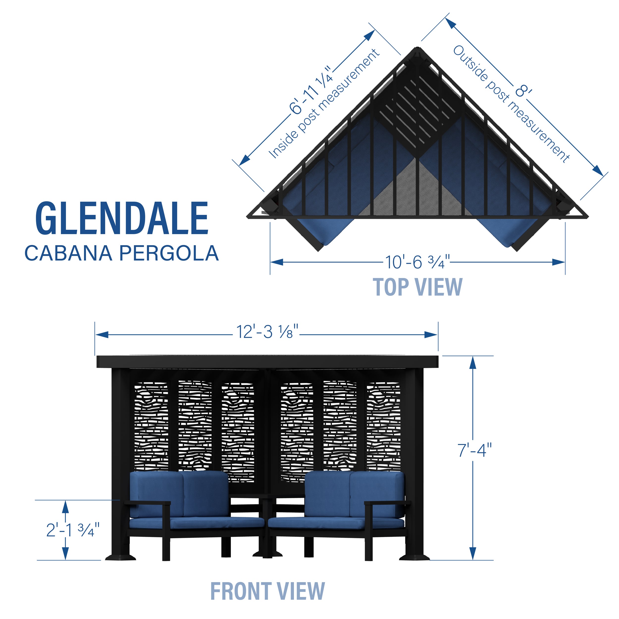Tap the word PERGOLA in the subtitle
point(169,254)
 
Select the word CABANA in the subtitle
point(68,254)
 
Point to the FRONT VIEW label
point(267,591)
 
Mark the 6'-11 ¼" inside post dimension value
point(311,90)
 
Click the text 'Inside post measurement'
point(324,104)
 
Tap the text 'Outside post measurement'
point(511,104)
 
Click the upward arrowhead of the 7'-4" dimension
point(473,363)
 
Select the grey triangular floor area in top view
point(416,192)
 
